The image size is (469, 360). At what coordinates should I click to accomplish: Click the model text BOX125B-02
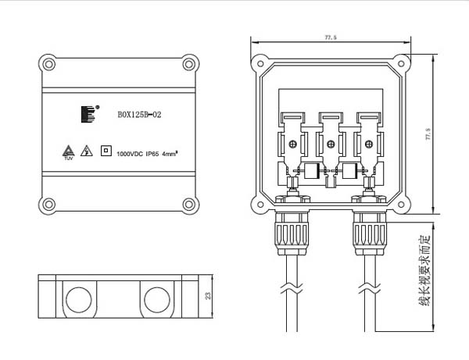(x=139, y=115)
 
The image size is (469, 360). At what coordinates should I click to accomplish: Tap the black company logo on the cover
(x=85, y=114)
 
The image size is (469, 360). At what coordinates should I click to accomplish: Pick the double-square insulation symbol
(x=105, y=151)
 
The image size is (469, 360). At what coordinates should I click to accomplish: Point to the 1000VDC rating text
(x=130, y=153)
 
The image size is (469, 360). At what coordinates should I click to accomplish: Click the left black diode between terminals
(x=311, y=171)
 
